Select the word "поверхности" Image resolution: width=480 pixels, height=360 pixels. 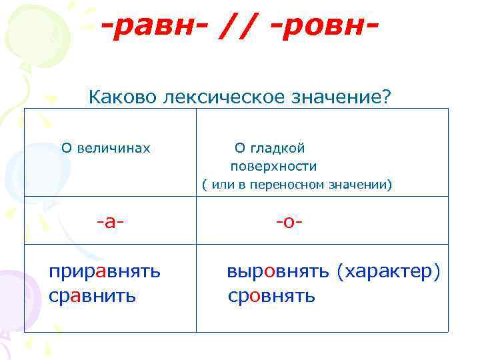273,166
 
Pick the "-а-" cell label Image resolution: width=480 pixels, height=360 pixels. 110,220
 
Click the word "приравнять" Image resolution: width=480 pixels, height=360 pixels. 105,271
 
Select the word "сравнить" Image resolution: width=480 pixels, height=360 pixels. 93,295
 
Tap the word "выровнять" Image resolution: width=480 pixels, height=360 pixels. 278,271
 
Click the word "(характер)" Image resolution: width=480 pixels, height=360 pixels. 388,271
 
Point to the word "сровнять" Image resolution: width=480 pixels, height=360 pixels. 271,295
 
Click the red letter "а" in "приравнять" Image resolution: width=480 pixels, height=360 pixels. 101,272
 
